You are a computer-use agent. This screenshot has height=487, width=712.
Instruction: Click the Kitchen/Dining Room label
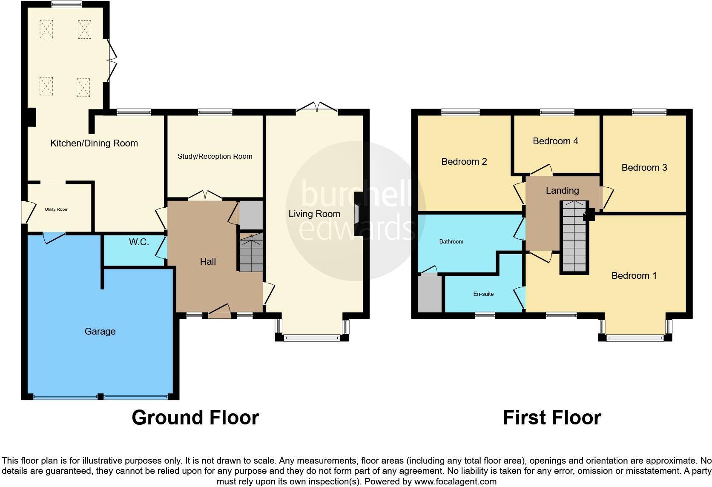(94, 143)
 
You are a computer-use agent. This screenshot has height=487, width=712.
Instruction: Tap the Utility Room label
(57, 209)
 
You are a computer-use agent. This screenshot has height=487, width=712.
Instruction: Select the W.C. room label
(139, 243)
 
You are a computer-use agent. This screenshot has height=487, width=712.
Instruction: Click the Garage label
(100, 332)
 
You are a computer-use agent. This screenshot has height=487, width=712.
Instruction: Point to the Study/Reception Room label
(215, 157)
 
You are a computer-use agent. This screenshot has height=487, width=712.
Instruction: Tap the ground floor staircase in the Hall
(251, 253)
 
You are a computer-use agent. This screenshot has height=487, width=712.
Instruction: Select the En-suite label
(483, 294)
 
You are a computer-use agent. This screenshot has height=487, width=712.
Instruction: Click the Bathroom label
(451, 242)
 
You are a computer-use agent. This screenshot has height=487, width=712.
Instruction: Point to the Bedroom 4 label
(555, 141)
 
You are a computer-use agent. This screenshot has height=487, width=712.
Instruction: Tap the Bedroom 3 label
(644, 168)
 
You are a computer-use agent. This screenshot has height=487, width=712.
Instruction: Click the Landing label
(562, 191)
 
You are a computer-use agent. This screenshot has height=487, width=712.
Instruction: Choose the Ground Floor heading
(195, 418)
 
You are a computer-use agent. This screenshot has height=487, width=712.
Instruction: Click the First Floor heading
(551, 418)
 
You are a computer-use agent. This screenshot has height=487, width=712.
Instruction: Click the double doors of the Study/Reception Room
(205, 196)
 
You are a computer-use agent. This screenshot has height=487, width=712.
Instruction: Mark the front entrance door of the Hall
(219, 312)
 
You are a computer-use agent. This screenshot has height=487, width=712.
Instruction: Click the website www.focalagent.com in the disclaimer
(455, 482)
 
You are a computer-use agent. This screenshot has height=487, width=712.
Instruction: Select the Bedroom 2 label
(464, 162)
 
